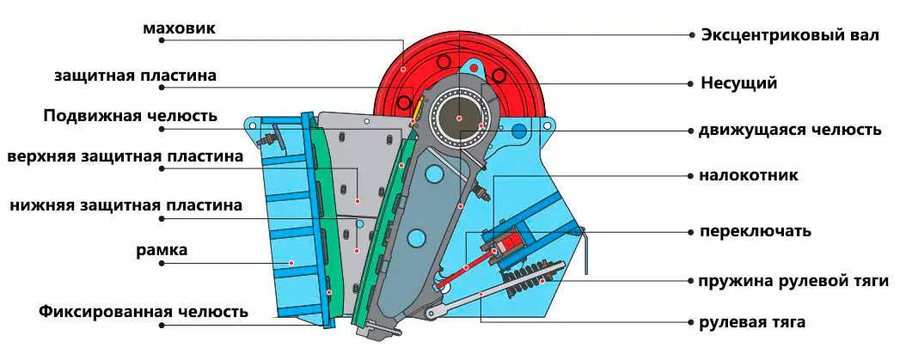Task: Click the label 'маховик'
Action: click(x=180, y=28)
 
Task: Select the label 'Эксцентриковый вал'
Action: click(x=790, y=35)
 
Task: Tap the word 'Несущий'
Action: click(x=739, y=83)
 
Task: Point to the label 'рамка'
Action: click(x=162, y=250)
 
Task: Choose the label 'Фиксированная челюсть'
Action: click(x=144, y=312)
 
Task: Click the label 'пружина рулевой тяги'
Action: click(x=793, y=282)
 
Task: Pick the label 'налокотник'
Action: click(x=749, y=175)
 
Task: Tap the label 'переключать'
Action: click(x=756, y=232)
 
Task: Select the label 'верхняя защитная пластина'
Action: click(x=126, y=156)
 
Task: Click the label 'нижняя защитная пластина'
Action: click(x=126, y=205)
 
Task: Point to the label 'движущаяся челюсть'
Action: click(x=790, y=131)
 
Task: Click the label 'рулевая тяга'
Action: click(x=752, y=322)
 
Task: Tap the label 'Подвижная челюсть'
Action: click(x=131, y=115)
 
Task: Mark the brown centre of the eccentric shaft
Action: click(x=459, y=118)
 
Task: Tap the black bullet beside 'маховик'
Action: click(x=162, y=40)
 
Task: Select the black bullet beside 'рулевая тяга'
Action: click(x=692, y=321)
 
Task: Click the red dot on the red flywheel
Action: click(x=403, y=69)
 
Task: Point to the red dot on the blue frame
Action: click(x=291, y=263)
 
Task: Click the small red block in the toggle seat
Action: click(x=504, y=247)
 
